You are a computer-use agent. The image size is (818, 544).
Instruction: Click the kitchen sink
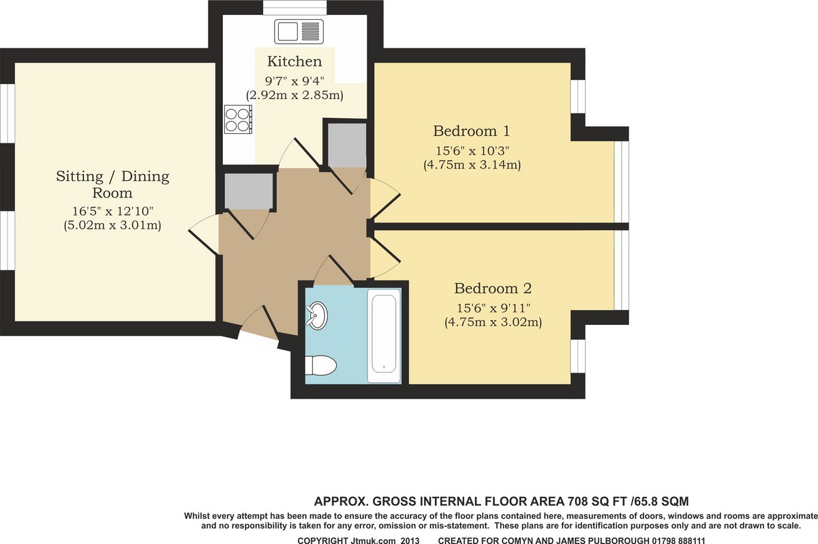coord(299,31)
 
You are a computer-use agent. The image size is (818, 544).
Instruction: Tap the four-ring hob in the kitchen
coord(238,119)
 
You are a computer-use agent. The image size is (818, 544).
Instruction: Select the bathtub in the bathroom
coord(384,336)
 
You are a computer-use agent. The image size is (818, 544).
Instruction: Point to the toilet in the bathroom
coord(320,365)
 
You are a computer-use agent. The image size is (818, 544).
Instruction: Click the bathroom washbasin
coord(317,315)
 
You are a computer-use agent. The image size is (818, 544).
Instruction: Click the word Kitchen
coord(294,61)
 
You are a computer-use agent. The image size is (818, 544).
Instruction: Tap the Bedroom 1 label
coord(472,131)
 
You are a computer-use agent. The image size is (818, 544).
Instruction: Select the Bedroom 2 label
coord(493,289)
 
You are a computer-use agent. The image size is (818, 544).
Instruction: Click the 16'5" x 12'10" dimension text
coord(112,211)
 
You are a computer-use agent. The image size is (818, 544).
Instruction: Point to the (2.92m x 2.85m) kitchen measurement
coord(294,96)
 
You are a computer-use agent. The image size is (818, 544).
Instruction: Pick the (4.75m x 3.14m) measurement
coord(472,165)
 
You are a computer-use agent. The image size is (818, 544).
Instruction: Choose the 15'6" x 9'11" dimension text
coord(493,309)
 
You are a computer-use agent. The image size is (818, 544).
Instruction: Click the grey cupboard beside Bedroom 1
coord(347,145)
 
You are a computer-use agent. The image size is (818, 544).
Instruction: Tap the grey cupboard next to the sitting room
coord(249,191)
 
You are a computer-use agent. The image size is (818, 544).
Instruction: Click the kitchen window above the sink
coord(294,8)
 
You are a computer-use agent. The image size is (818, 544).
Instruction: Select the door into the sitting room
coord(204,234)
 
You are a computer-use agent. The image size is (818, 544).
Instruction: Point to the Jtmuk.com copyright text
coord(359,541)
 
